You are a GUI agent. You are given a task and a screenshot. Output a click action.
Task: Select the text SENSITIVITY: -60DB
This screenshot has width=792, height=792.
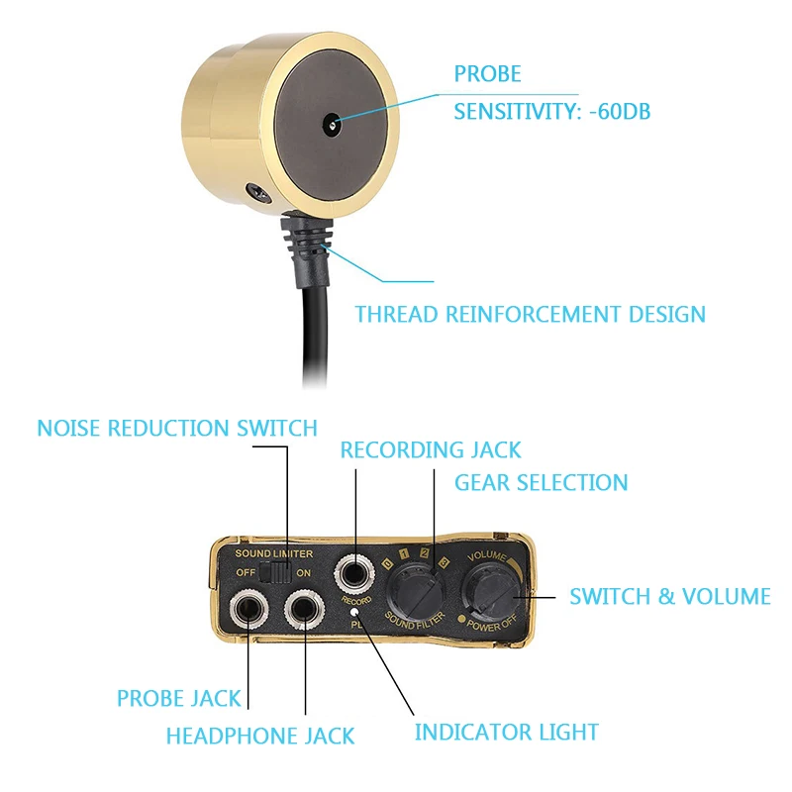pyautogui.click(x=551, y=112)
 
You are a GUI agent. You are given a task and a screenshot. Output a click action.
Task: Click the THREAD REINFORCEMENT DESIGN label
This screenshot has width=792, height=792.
pyautogui.click(x=531, y=315)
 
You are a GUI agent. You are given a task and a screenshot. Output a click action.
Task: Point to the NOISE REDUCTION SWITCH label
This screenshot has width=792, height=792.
pyautogui.click(x=177, y=429)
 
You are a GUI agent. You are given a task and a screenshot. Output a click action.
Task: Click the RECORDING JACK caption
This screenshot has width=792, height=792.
pyautogui.click(x=431, y=450)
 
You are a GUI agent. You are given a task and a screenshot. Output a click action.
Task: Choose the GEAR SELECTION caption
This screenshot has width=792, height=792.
pyautogui.click(x=541, y=483)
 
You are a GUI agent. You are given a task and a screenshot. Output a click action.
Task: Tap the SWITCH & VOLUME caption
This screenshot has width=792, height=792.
pyautogui.click(x=669, y=596)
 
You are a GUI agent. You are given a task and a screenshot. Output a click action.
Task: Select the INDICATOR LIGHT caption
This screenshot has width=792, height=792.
pyautogui.click(x=506, y=733)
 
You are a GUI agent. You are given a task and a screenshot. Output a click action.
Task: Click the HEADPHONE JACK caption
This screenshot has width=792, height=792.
pyautogui.click(x=260, y=737)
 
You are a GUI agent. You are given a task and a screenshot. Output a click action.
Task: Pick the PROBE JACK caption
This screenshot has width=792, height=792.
pyautogui.click(x=178, y=698)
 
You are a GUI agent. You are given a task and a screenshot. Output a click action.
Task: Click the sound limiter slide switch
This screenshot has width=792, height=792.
pyautogui.click(x=282, y=573)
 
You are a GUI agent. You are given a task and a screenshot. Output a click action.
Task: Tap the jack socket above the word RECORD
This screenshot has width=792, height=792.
pyautogui.click(x=355, y=575)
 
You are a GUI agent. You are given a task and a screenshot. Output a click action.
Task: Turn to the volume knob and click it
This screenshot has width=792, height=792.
pyautogui.click(x=492, y=594)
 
